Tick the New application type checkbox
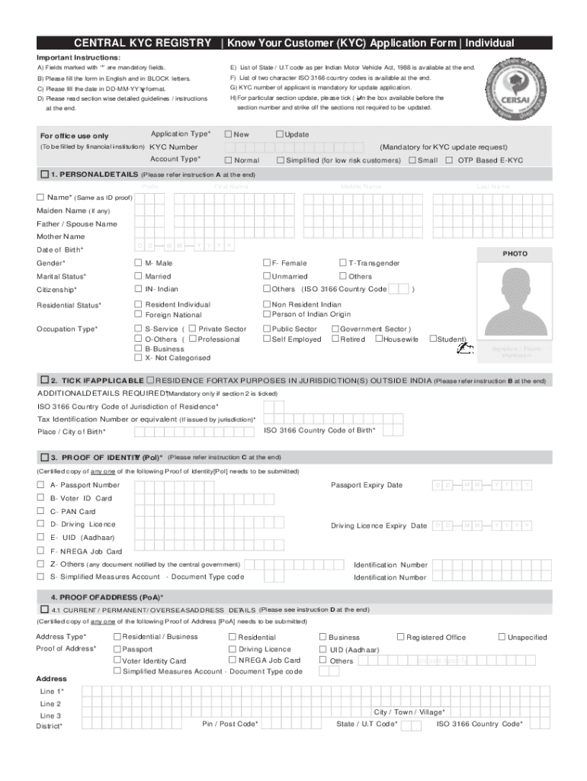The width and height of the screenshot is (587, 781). [x=229, y=135]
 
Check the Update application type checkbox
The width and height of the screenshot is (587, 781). [x=280, y=135]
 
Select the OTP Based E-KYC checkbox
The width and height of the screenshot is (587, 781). [x=450, y=160]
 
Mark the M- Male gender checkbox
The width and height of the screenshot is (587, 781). [x=138, y=263]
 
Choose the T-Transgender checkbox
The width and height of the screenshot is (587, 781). [x=342, y=263]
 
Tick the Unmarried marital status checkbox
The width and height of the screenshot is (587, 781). [x=267, y=276]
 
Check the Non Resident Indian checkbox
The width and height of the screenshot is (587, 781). [x=267, y=304]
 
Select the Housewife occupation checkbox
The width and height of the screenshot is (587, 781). [x=379, y=339]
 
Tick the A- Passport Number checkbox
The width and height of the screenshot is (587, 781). [x=40, y=485]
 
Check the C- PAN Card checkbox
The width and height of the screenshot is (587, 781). [x=40, y=511]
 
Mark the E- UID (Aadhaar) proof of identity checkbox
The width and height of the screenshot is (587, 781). [x=40, y=537]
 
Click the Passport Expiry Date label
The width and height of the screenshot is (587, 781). [x=366, y=485]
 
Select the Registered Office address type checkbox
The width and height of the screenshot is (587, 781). [x=400, y=637]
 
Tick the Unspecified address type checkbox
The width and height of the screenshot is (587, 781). [x=502, y=637]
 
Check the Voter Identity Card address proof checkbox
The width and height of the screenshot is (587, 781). [x=117, y=660]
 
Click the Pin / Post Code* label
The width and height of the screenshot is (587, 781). [x=229, y=724]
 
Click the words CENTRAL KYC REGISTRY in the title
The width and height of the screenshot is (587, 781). [x=143, y=43]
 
